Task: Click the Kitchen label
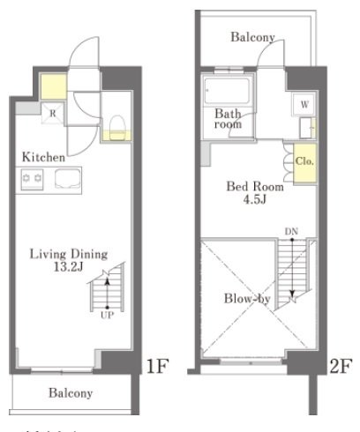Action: (x=43, y=157)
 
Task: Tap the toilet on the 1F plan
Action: (x=117, y=127)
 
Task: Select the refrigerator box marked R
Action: (x=53, y=113)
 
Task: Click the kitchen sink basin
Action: (x=67, y=178)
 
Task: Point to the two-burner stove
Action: (x=32, y=179)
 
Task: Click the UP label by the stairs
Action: (x=107, y=316)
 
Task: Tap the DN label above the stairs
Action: (x=291, y=232)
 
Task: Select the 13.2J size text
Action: (x=69, y=267)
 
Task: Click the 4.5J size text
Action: (x=255, y=200)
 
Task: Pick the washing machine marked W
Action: (x=304, y=104)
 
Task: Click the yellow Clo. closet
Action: (x=305, y=162)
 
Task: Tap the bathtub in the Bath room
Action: (x=228, y=91)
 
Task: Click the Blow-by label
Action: (x=247, y=299)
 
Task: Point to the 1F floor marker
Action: (x=157, y=366)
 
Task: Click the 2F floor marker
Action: (x=341, y=366)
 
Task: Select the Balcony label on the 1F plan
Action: (x=71, y=393)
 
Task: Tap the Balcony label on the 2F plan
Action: (x=252, y=37)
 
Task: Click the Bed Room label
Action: (x=255, y=187)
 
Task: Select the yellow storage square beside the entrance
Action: (x=53, y=86)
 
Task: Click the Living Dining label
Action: (x=69, y=254)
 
